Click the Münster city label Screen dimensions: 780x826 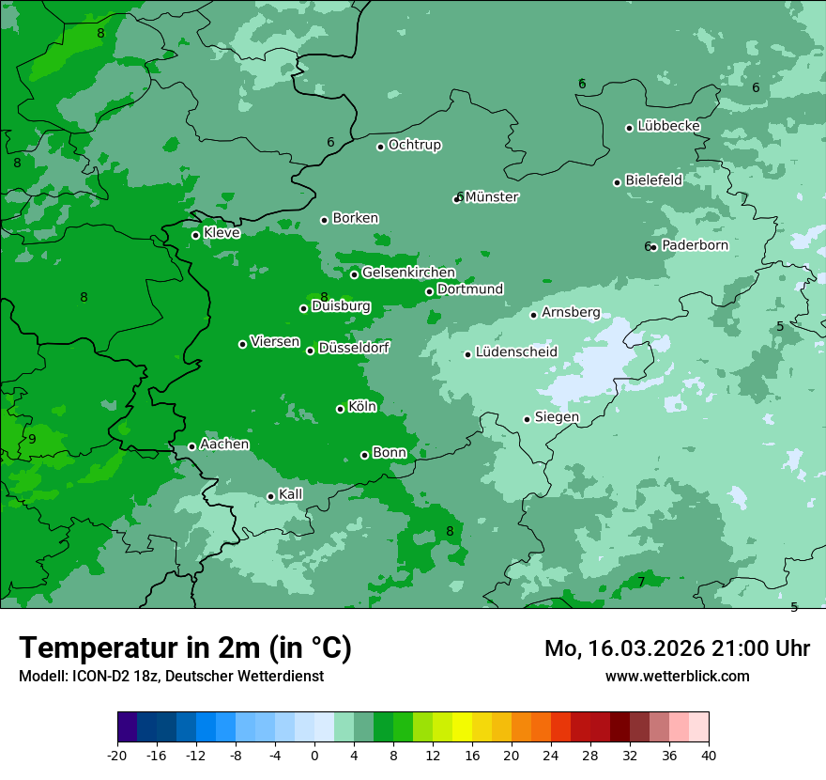491,197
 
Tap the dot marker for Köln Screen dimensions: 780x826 341,409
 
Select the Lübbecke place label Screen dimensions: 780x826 668,126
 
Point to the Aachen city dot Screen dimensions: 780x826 192,446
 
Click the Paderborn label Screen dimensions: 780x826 695,245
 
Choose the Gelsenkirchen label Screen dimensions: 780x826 408,273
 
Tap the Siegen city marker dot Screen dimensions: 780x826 528,419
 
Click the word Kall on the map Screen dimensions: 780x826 290,494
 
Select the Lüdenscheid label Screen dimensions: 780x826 516,352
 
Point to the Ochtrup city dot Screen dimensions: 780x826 381,147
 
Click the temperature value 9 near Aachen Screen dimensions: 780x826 32,439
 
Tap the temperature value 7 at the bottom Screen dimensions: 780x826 641,583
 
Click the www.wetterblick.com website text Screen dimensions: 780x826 677,676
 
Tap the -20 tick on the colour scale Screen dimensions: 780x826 117,755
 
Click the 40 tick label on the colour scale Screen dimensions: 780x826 709,755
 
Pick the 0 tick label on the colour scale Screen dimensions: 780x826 314,755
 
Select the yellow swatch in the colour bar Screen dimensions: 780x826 462,727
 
